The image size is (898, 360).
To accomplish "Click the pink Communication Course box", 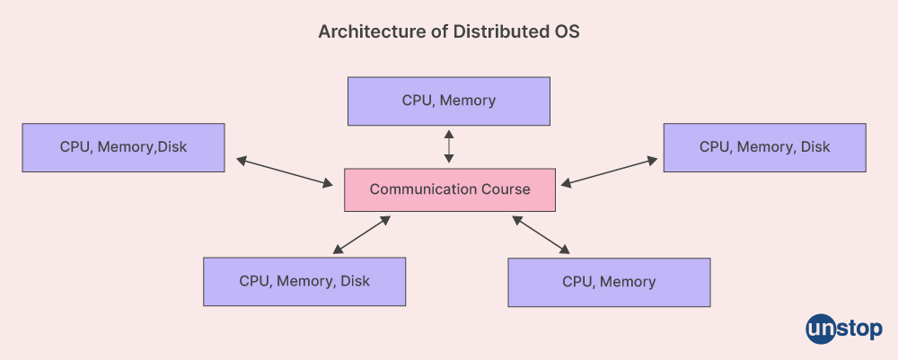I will (450, 189).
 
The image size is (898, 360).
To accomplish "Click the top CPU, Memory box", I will (448, 101).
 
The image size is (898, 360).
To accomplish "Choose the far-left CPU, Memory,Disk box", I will (123, 147).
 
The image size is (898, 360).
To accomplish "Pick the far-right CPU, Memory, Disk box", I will (764, 147).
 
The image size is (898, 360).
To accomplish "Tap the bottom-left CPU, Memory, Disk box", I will (304, 281).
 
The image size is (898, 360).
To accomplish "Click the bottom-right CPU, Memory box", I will (609, 282).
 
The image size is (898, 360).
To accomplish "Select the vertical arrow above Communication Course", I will (449, 145).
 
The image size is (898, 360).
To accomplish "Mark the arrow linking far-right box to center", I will (609, 171).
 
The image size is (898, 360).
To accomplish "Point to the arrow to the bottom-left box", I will (361, 233).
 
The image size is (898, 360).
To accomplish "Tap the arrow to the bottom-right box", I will (541, 233).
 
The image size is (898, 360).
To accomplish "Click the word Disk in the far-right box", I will (815, 147).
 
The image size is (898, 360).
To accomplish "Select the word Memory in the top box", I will (468, 101).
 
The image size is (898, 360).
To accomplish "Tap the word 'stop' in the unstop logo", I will (859, 329).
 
